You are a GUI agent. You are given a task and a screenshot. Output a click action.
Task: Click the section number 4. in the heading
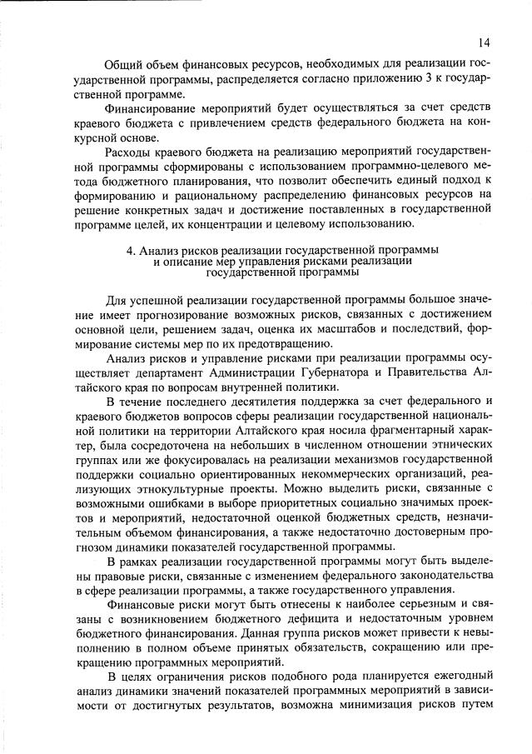pyautogui.click(x=143, y=250)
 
